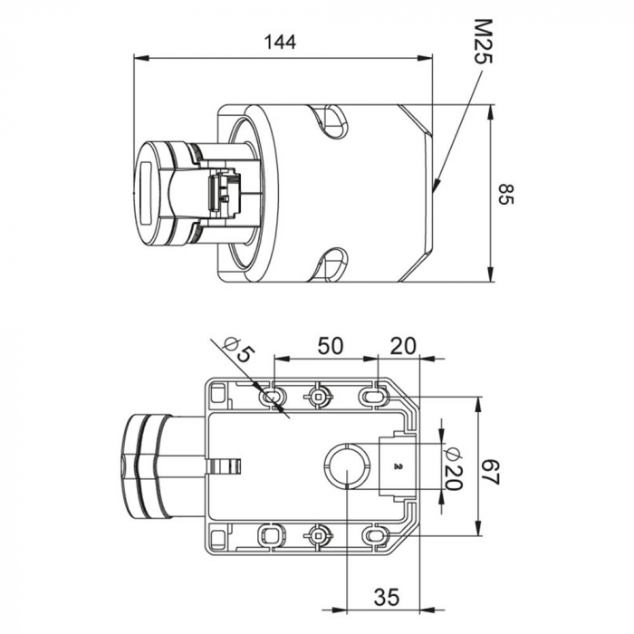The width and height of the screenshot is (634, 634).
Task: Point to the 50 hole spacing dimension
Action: pyautogui.click(x=329, y=345)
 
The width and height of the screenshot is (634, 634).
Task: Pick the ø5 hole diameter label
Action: pyautogui.click(x=236, y=349)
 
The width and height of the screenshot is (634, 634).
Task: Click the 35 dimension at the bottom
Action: pyautogui.click(x=387, y=597)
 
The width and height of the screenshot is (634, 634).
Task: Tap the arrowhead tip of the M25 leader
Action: pyautogui.click(x=434, y=192)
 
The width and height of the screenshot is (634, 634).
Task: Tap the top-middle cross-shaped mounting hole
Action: pyautogui.click(x=318, y=395)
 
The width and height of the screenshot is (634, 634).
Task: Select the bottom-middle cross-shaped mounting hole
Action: pyautogui.click(x=318, y=534)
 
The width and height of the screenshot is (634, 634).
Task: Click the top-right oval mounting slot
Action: pyautogui.click(x=372, y=395)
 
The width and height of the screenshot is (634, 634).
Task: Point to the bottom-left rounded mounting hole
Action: pyautogui.click(x=271, y=535)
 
